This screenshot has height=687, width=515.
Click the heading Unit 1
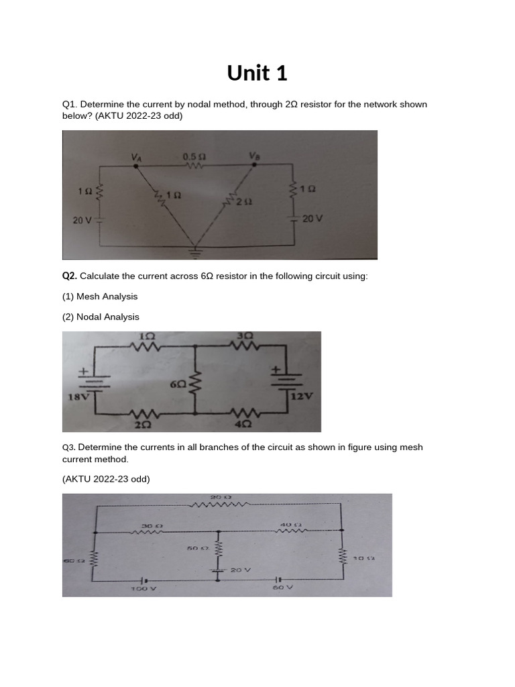tap(257, 73)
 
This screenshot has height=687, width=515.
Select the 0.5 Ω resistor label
tap(194, 156)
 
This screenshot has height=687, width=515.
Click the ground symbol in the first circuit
tap(196, 252)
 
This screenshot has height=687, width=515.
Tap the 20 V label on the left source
tap(82, 220)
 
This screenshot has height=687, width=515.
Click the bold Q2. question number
tap(70, 276)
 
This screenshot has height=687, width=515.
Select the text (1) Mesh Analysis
tap(100, 297)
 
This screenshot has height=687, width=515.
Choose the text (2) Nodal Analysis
tap(101, 317)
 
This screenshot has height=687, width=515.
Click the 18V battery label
tap(76, 397)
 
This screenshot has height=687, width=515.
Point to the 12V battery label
tap(302, 396)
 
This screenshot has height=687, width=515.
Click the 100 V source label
tap(143, 588)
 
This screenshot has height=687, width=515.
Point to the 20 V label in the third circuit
tap(240, 570)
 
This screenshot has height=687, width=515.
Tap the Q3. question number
tap(68, 447)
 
